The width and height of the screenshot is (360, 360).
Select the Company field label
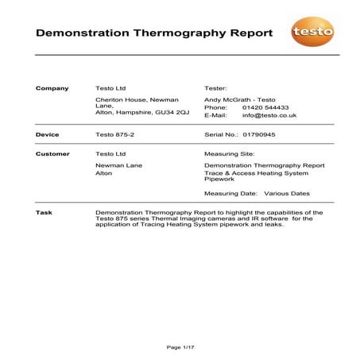coord(52,87)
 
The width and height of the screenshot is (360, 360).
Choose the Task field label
coord(45,213)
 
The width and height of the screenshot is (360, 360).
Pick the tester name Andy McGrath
coord(226,99)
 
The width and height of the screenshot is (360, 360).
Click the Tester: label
coord(216,87)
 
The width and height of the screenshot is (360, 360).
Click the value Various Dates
coord(287,193)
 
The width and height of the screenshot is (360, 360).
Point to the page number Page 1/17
coord(180,346)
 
